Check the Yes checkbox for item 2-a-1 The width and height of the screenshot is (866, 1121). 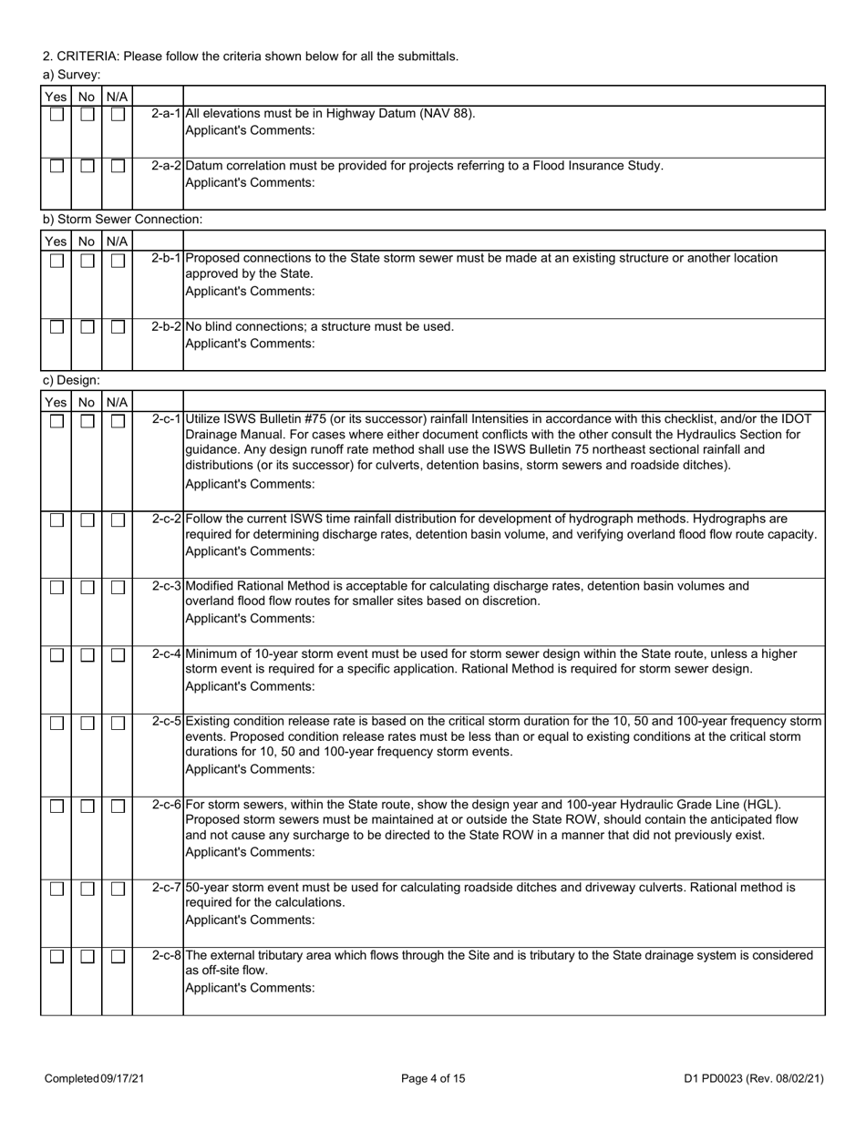pyautogui.click(x=57, y=115)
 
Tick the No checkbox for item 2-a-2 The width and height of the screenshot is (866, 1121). pyautogui.click(x=87, y=167)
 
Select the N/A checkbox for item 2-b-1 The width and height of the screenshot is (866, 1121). pyautogui.click(x=118, y=260)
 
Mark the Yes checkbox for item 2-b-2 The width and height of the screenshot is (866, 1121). pyautogui.click(x=57, y=327)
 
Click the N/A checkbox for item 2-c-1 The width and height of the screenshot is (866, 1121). pyautogui.click(x=118, y=420)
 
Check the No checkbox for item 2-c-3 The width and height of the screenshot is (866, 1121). pyautogui.click(x=87, y=588)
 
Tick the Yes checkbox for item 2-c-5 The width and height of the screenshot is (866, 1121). pyautogui.click(x=57, y=723)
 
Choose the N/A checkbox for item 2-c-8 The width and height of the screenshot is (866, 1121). pyautogui.click(x=118, y=956)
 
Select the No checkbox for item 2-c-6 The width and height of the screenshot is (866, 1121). pyautogui.click(x=87, y=806)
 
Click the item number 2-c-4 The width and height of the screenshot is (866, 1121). pyautogui.click(x=167, y=654)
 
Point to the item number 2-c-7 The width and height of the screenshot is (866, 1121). pyautogui.click(x=167, y=887)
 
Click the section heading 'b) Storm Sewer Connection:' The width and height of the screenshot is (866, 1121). pyautogui.click(x=122, y=219)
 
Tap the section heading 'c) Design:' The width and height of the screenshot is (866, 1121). pyautogui.click(x=71, y=380)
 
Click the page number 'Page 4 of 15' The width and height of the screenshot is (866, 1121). pyautogui.click(x=433, y=1078)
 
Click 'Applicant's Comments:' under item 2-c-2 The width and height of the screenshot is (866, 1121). pyautogui.click(x=250, y=551)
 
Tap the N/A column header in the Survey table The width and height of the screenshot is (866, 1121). pyautogui.click(x=118, y=96)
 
